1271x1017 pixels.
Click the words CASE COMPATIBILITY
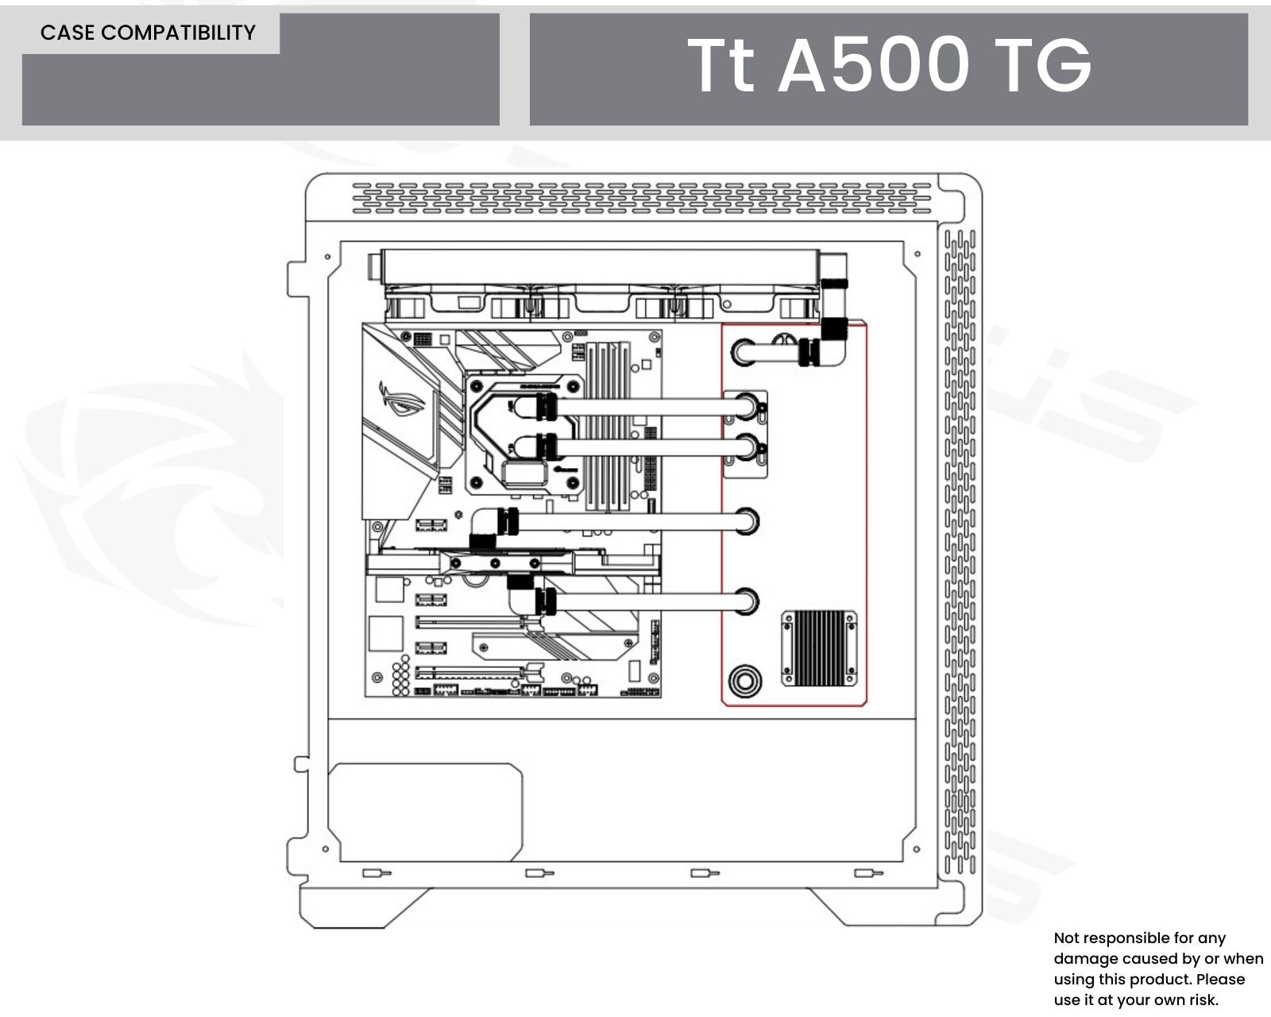pyautogui.click(x=148, y=33)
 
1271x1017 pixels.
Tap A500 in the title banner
pyautogui.click(x=873, y=65)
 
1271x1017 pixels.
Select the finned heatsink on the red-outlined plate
pyautogui.click(x=819, y=647)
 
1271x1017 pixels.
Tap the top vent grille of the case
pyautogui.click(x=641, y=199)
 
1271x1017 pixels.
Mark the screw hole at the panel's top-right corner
pyautogui.click(x=918, y=254)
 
